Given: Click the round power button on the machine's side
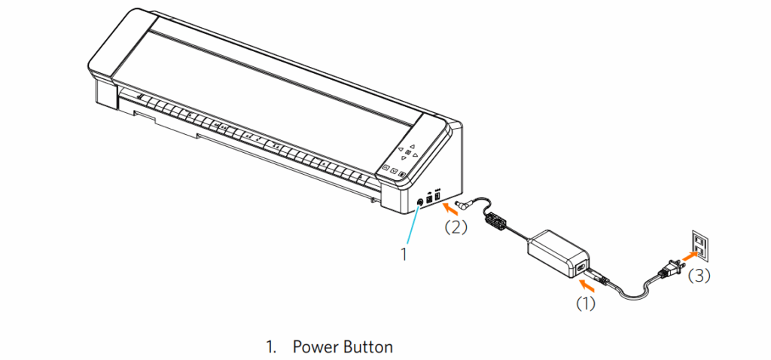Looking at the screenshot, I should click(421, 202).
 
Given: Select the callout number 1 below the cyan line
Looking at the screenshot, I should click(404, 255).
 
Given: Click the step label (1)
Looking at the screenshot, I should click(587, 304).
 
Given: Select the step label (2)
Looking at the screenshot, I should click(456, 226).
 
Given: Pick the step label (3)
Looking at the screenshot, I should click(699, 276).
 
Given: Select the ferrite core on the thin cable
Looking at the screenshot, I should click(497, 221).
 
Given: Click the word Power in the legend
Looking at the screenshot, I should click(315, 347).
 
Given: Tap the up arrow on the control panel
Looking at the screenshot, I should click(413, 146).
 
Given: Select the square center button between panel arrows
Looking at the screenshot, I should click(407, 154).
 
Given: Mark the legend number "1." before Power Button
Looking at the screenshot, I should click(271, 347).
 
